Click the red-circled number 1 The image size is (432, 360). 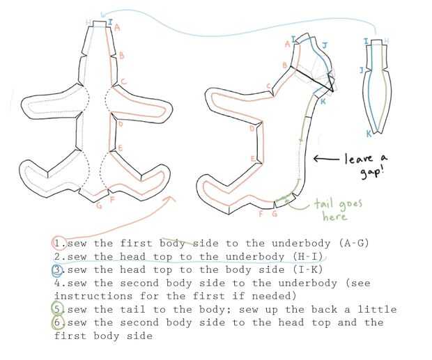click(58, 243)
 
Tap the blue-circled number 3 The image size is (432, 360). click(59, 269)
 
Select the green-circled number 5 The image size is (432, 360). click(59, 309)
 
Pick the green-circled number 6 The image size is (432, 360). click(59, 323)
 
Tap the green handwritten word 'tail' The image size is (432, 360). click(327, 203)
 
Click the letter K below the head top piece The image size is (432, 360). click(369, 134)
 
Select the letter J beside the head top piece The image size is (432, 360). click(361, 70)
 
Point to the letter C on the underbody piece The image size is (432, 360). click(123, 81)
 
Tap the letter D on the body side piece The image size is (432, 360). click(252, 128)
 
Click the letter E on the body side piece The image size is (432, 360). click(253, 159)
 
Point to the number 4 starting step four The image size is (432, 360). click(57, 283)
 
